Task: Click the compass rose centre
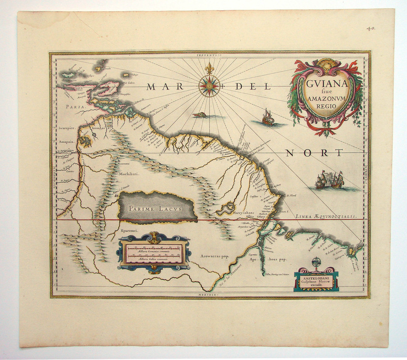[x=209, y=85]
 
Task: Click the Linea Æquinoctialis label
[x=326, y=216]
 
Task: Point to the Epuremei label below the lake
[x=130, y=230]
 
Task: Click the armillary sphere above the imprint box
[x=316, y=262]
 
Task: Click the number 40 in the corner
[x=371, y=28]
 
